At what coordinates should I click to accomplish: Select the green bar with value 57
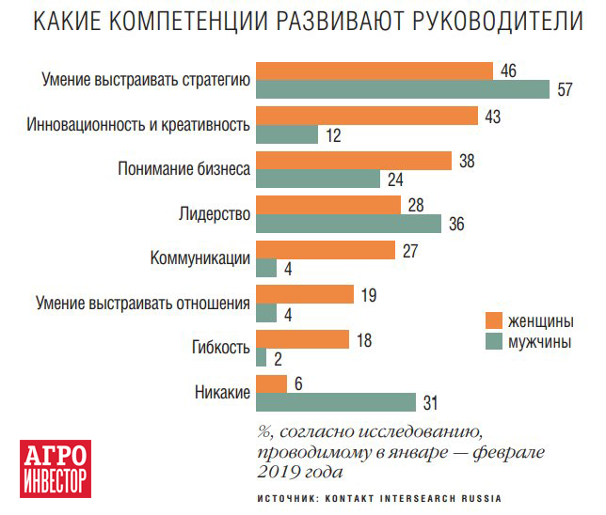[x=403, y=90]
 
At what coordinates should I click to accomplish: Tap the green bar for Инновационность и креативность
[x=286, y=134]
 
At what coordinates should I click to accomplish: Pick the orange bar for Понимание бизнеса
[x=354, y=160]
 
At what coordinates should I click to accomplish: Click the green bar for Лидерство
[x=348, y=224]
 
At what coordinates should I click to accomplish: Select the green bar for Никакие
[x=336, y=402]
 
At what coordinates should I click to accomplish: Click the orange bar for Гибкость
[x=302, y=338]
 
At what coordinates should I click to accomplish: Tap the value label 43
[x=492, y=117]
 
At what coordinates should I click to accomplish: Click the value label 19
[x=369, y=295]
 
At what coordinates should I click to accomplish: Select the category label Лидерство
[x=214, y=213]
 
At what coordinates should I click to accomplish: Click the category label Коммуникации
[x=199, y=258]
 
